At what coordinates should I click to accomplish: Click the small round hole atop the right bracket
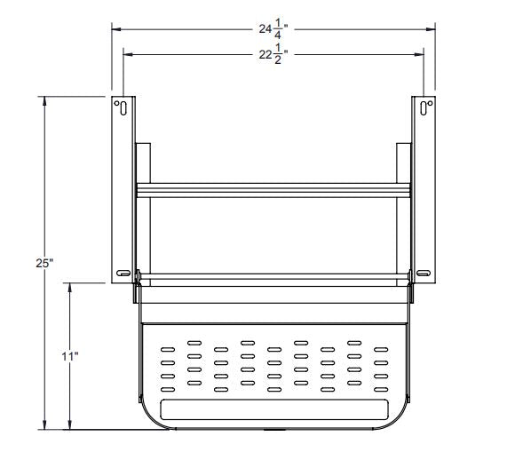click(430, 105)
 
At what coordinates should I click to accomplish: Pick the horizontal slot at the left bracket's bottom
click(122, 272)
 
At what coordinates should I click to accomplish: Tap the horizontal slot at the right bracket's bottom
click(425, 272)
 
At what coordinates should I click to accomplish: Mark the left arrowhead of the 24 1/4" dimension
click(115, 28)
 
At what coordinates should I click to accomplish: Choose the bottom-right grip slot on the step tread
click(382, 388)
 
